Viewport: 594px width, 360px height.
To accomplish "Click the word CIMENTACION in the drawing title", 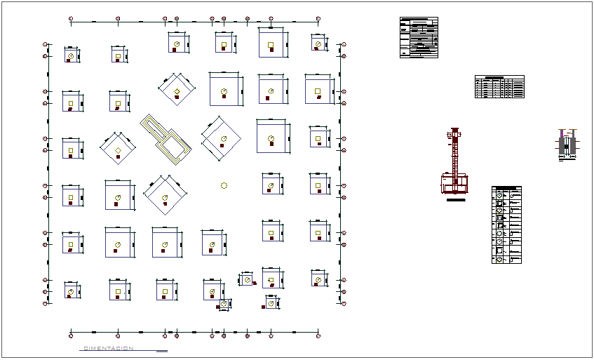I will [x=108, y=349].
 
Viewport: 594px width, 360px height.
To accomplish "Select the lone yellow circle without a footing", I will [x=224, y=186].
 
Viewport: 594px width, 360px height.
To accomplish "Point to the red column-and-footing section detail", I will [x=456, y=165].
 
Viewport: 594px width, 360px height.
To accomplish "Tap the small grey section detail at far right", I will [x=567, y=145].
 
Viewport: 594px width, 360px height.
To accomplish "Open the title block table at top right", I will [x=419, y=37].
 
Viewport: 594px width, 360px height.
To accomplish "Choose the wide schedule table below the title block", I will [x=499, y=87].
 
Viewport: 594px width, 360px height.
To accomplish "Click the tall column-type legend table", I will [x=506, y=225].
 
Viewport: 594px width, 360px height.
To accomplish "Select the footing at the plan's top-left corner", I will [x=72, y=55].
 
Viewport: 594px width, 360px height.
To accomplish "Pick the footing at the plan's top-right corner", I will [x=318, y=44].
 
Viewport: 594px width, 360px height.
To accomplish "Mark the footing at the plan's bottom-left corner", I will [x=71, y=291].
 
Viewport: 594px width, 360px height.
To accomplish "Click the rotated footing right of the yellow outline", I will [x=222, y=138].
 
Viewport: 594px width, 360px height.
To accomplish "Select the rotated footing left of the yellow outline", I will [x=118, y=150].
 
